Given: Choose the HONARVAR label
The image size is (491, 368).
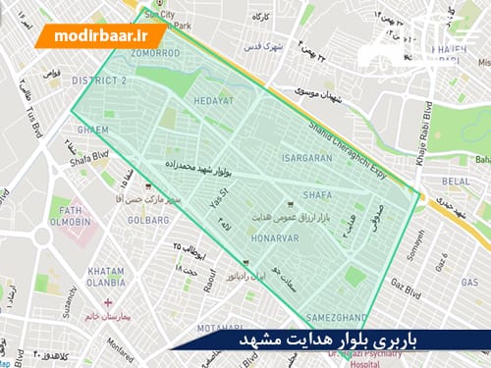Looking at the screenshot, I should pyautogui.click(x=262, y=236).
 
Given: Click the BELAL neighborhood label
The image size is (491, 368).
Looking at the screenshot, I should pyautogui.click(x=456, y=182).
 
